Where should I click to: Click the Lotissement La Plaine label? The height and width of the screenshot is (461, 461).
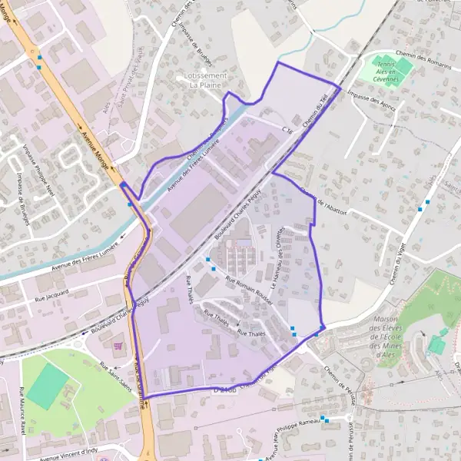coord(206,81)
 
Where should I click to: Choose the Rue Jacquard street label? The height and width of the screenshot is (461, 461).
coord(52,294)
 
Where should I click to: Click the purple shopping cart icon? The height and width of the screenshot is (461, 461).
coord(116,346)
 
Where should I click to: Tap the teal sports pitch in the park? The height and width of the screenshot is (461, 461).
coord(48,386)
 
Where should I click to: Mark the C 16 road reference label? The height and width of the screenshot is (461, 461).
coord(287,130)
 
